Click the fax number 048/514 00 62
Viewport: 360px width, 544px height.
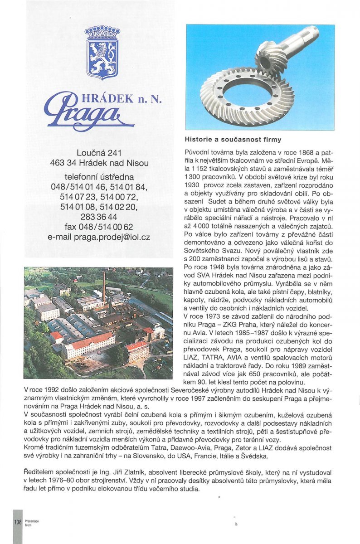pyautogui.click(x=99, y=227)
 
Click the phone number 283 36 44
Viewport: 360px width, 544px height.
pyautogui.click(x=99, y=217)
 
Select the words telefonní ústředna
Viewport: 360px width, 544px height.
pyautogui.click(x=99, y=177)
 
